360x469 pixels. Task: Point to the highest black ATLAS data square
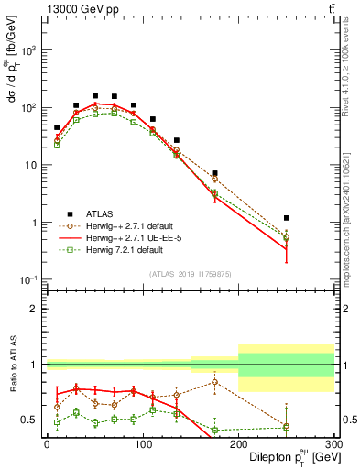pyautogui.click(x=95, y=95)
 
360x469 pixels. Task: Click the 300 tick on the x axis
pyautogui.click(x=334, y=444)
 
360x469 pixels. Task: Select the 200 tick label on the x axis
pyautogui.click(x=238, y=444)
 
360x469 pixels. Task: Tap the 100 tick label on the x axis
pyautogui.click(x=142, y=444)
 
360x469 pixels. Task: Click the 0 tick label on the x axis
pyautogui.click(x=47, y=444)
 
